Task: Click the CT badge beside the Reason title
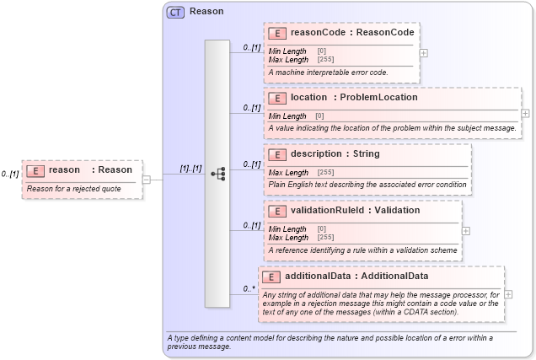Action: tap(176, 12)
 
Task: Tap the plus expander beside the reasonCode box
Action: tap(423, 52)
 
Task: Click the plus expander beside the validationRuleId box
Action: tap(466, 229)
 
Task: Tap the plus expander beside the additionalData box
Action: tap(508, 294)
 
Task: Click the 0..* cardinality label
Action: tap(249, 288)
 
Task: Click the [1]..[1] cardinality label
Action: tap(190, 169)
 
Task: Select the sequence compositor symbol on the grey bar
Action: tap(218, 174)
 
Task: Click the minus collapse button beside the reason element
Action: tap(147, 179)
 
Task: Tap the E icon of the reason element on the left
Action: tap(35, 170)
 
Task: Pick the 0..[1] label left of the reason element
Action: tap(9, 174)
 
